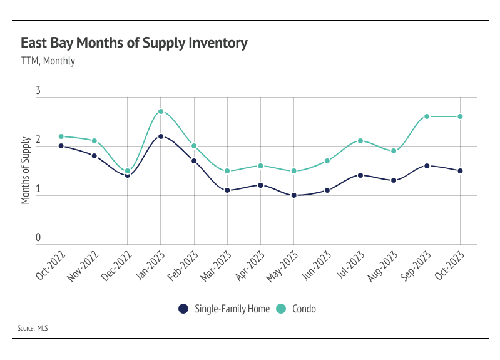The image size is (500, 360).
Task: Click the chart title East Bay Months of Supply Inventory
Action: (134, 43)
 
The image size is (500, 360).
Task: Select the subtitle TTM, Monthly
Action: (48, 61)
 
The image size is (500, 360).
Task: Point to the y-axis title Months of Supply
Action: (26, 170)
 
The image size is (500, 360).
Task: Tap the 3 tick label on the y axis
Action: (38, 91)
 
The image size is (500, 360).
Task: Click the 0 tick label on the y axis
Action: (38, 238)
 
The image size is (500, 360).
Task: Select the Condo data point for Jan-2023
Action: (161, 111)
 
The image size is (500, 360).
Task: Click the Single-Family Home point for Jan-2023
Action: (161, 136)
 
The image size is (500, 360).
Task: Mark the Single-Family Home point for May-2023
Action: (293, 195)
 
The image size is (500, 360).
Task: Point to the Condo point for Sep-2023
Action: (427, 116)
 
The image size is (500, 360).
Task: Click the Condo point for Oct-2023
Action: (460, 116)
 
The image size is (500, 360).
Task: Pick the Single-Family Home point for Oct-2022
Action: (61, 146)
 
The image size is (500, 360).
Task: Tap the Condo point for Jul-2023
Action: (360, 141)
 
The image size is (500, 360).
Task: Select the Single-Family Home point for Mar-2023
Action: (227, 190)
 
